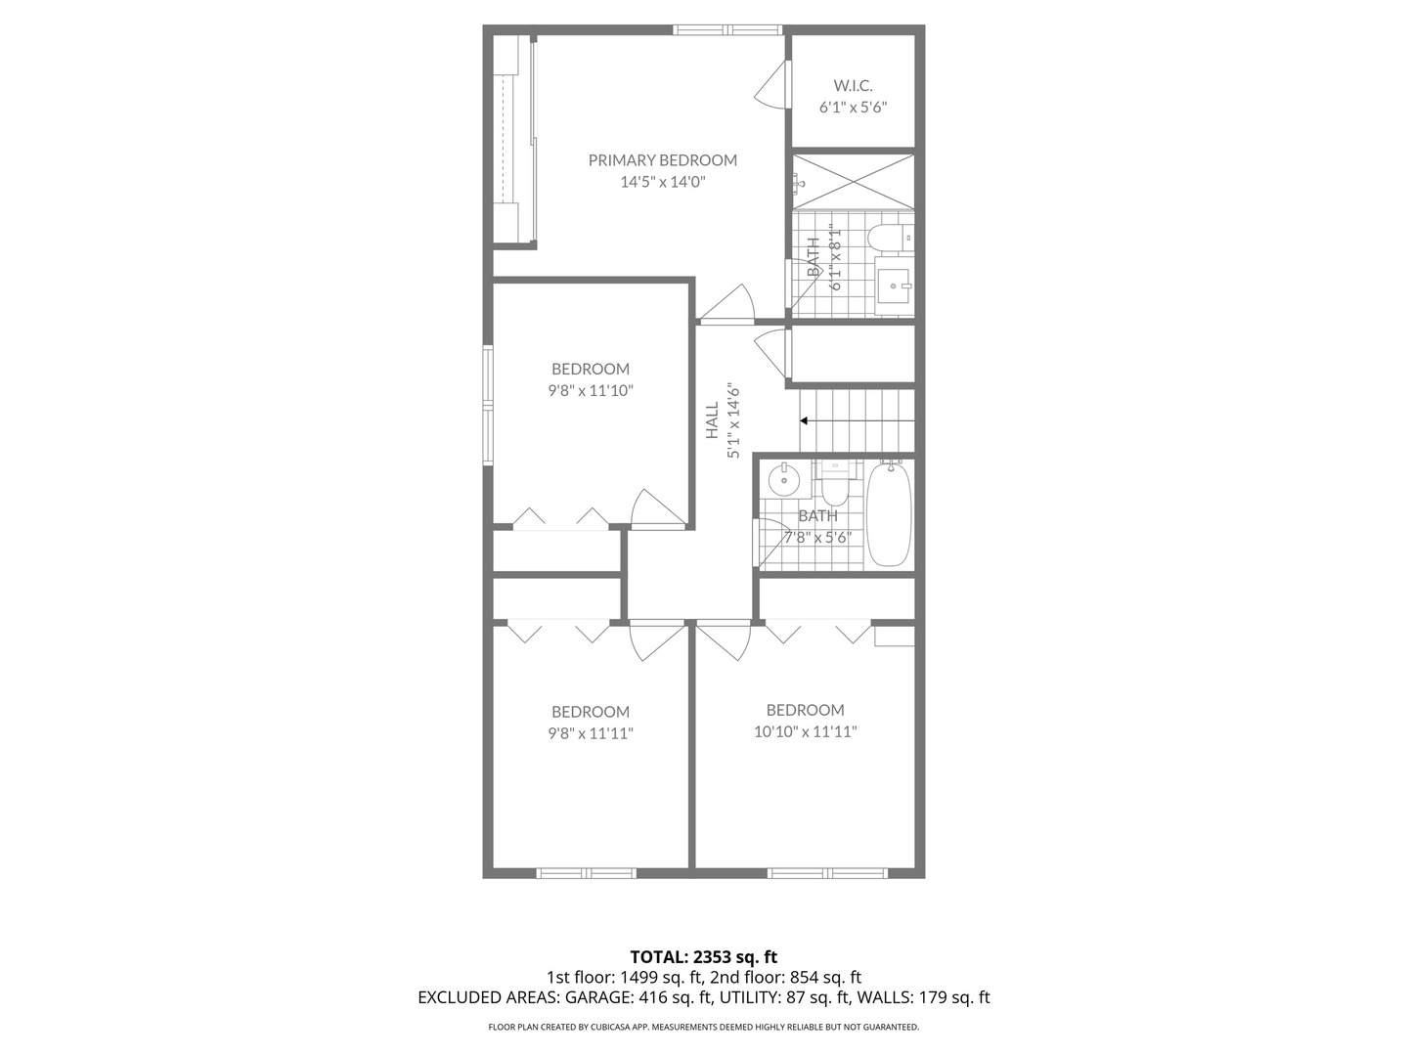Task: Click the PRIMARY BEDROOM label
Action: pos(662,160)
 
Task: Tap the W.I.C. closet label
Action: pos(853,86)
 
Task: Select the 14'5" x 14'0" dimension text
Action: pos(662,182)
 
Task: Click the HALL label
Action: pos(712,419)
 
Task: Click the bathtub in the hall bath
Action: pos(889,514)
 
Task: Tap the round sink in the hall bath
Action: pos(784,480)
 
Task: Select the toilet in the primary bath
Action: pos(887,238)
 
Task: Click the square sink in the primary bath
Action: pos(893,286)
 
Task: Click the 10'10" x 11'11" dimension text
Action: pos(805,731)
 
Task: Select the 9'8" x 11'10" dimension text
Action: pos(590,390)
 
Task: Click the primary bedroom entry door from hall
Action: pos(728,304)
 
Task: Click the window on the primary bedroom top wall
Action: pos(728,29)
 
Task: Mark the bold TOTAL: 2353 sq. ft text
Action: pos(703,956)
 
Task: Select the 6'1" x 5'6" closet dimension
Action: pos(853,108)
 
